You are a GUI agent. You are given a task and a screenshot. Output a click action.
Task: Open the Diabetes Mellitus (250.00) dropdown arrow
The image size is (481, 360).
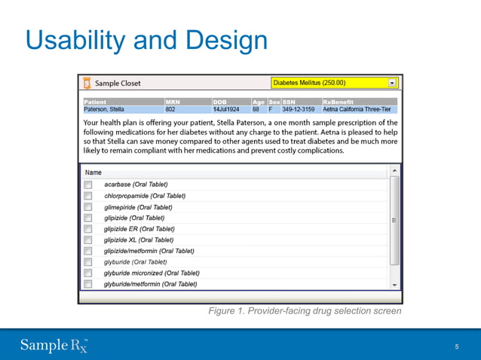[x=391, y=83]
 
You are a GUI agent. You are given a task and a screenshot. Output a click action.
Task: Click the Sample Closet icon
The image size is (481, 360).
[x=87, y=83]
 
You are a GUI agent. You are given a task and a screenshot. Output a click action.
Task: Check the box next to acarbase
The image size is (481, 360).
[x=87, y=185]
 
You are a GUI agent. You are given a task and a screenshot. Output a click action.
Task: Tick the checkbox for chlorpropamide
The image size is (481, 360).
[x=87, y=196]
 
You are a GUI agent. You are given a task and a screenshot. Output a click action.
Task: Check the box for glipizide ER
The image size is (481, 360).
[x=87, y=229]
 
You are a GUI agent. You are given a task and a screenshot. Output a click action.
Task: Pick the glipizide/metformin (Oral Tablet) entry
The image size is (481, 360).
[x=149, y=251]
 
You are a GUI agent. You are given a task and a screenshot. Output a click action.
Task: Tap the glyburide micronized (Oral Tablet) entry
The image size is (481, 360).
[x=152, y=273]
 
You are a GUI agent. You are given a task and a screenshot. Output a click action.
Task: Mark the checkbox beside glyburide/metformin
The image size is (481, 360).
[x=87, y=284]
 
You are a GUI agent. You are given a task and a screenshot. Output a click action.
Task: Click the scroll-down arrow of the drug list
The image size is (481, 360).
[x=394, y=285]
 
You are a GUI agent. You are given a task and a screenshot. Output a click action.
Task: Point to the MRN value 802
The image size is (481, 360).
[x=170, y=109]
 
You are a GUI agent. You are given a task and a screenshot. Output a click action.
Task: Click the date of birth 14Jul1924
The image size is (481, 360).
[x=226, y=109]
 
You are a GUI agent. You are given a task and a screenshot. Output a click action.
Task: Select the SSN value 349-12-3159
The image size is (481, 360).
[x=298, y=109]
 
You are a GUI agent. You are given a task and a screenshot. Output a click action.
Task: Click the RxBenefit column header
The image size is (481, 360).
[x=338, y=102]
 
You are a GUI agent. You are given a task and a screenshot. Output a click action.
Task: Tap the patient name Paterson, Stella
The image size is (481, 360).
[x=104, y=109]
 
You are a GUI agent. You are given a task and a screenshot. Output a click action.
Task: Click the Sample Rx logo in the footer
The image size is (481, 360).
[x=54, y=345]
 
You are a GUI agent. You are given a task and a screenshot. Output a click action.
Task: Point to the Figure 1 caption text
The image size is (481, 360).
[x=305, y=311]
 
